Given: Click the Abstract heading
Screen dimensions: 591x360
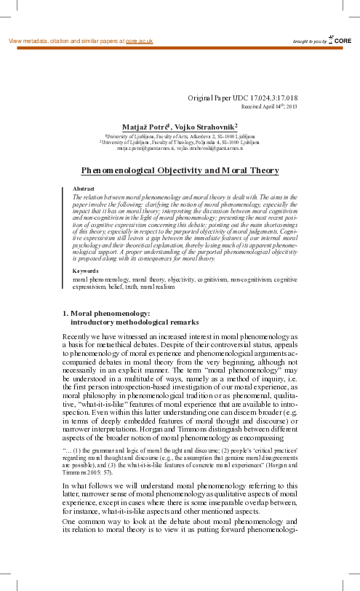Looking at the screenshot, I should click(x=84, y=189).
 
